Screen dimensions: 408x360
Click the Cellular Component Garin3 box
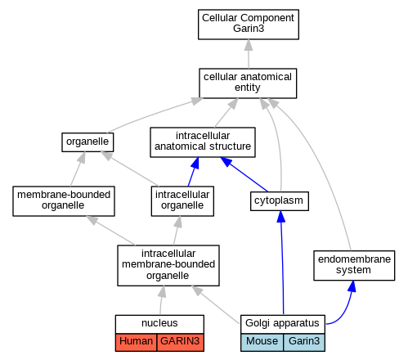pyautogui.click(x=249, y=25)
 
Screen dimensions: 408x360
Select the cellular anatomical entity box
pyautogui.click(x=248, y=83)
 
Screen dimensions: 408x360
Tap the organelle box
pyautogui.click(x=87, y=142)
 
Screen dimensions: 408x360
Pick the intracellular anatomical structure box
pyautogui.click(x=203, y=142)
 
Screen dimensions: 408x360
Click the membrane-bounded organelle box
pyautogui.click(x=64, y=201)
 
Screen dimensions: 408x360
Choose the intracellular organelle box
pyautogui.click(x=182, y=201)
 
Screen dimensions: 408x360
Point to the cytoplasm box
pyautogui.click(x=280, y=201)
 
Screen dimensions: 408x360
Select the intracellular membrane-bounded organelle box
pyautogui.click(x=168, y=265)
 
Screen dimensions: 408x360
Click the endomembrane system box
pyautogui.click(x=354, y=265)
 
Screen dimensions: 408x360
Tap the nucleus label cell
pyautogui.click(x=159, y=324)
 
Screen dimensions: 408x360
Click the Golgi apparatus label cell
pyautogui.click(x=283, y=324)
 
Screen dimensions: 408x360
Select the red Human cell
pyautogui.click(x=136, y=342)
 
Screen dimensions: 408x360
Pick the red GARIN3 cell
pyautogui.click(x=181, y=342)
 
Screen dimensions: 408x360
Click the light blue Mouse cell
pyautogui.click(x=262, y=342)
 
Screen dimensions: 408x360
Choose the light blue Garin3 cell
pyautogui.click(x=304, y=342)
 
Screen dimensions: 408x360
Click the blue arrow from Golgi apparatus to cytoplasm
pyautogui.click(x=282, y=263)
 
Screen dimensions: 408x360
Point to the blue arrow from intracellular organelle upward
pyautogui.click(x=193, y=172)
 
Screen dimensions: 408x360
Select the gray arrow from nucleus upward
pyautogui.click(x=161, y=300)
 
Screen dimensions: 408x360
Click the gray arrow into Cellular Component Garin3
pyautogui.click(x=249, y=54)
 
